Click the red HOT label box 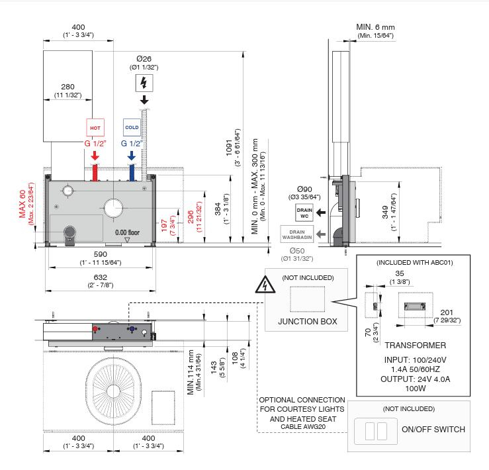click(95, 127)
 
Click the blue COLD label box click(132, 127)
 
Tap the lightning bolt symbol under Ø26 click(144, 83)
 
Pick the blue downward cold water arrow click(132, 157)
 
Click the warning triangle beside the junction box click(264, 287)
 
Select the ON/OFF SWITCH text click(433, 429)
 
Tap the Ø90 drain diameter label click(304, 190)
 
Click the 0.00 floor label click(127, 233)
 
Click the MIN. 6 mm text click(375, 26)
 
